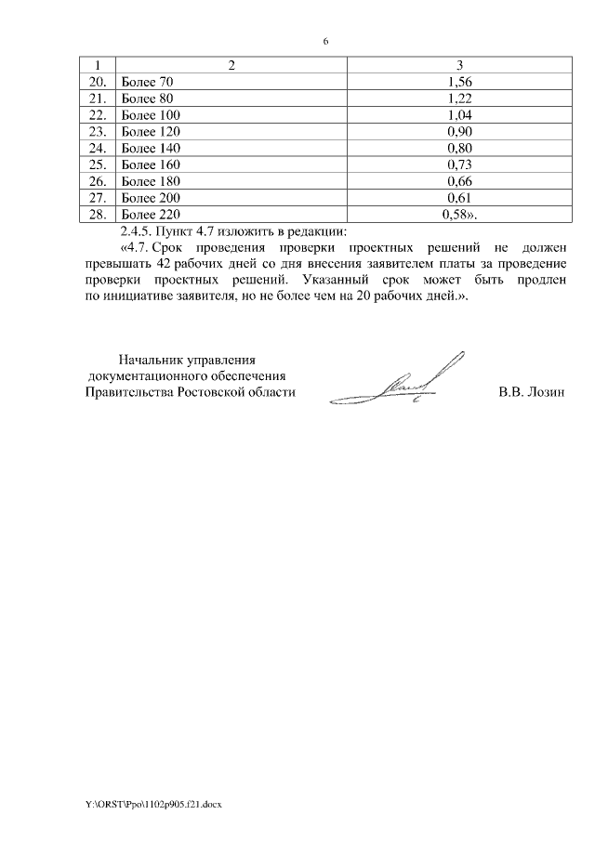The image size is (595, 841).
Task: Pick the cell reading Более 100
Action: coord(150,115)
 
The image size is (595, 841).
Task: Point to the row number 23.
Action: coord(96,132)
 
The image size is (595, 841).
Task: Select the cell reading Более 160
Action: coord(150,164)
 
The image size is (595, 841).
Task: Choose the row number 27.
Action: coord(96,198)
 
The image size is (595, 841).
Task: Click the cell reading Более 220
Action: coord(150,215)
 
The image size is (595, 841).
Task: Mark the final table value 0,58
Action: coord(458,215)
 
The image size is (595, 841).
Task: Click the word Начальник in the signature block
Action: coord(150,359)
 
